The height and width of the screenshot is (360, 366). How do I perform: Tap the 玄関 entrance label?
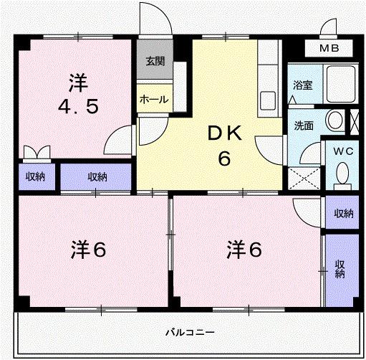coord(154,61)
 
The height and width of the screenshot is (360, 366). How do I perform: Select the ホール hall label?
coord(154,99)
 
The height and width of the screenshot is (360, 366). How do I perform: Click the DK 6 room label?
coord(224,146)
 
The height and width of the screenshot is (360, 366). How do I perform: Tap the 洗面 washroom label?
coord(304,125)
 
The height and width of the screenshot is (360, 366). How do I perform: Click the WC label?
coord(342,151)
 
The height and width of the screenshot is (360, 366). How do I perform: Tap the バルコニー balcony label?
coord(190,332)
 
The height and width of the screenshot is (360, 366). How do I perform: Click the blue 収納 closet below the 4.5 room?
coord(96,176)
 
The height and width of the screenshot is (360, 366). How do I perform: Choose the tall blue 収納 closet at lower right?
coord(339,268)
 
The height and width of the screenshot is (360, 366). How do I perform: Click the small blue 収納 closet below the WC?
coord(342,213)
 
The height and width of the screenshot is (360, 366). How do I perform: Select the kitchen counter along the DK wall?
coord(269,79)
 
